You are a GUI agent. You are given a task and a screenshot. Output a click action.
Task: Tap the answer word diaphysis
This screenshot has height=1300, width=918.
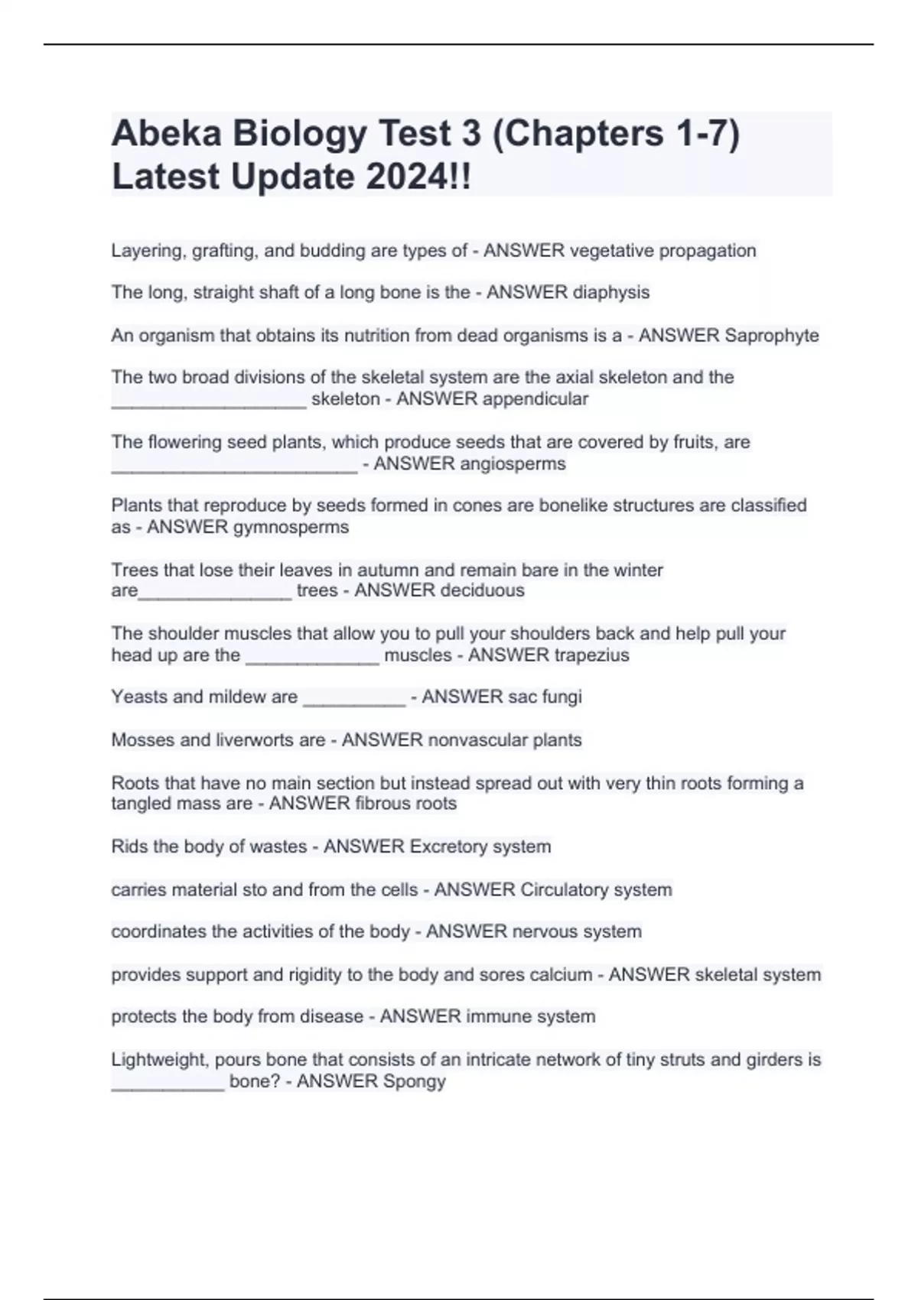click(x=611, y=292)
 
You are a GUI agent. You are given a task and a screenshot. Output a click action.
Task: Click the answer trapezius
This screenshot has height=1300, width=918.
click(x=591, y=655)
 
